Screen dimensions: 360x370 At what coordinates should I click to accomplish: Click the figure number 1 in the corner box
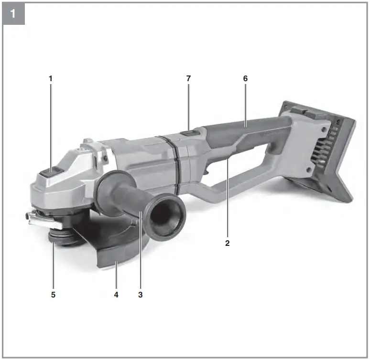coord(13,13)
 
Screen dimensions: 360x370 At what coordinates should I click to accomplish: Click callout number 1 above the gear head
coord(50,77)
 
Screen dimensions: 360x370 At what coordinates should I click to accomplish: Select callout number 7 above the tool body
coord(188,77)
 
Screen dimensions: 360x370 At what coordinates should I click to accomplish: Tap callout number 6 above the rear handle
coord(245,77)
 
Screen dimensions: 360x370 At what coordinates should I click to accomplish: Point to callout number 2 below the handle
coord(228,243)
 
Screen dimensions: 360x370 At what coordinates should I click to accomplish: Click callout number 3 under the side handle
coord(140,295)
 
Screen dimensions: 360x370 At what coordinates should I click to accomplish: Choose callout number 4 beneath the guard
coord(116,295)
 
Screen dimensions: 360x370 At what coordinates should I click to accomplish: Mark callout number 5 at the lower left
coord(53,295)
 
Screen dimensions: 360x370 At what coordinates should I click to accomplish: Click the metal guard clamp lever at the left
coord(39,219)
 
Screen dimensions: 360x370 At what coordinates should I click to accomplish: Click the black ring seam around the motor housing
coord(174,162)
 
